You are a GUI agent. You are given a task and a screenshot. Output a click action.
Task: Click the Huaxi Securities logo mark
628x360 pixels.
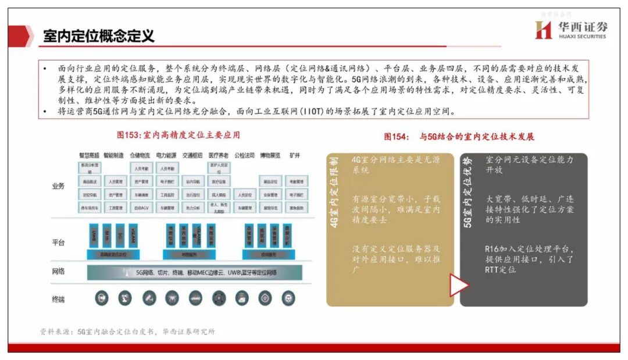(543, 30)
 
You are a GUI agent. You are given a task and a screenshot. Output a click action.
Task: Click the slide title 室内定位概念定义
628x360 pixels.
(99, 36)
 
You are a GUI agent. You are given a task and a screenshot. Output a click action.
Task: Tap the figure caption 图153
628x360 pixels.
(179, 135)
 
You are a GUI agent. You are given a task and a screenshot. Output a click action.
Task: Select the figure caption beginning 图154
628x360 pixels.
(459, 137)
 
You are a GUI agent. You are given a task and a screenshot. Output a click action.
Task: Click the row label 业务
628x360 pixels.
(58, 186)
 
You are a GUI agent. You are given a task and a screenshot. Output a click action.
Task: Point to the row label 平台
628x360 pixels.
(58, 243)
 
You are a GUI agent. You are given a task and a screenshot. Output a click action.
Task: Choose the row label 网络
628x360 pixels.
(58, 272)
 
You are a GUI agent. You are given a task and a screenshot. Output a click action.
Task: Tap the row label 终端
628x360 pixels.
(58, 299)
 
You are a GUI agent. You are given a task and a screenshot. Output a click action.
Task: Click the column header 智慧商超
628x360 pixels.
(90, 156)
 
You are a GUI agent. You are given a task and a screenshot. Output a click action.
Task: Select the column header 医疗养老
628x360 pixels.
(218, 156)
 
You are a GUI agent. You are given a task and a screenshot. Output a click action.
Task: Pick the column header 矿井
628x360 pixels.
(295, 156)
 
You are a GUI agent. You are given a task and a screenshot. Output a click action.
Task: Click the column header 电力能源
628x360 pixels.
(166, 156)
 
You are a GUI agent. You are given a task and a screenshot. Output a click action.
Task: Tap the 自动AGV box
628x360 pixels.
(141, 208)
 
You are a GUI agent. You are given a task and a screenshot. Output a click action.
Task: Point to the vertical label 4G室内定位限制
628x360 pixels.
(334, 192)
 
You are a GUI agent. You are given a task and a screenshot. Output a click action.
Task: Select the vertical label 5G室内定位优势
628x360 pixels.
(468, 192)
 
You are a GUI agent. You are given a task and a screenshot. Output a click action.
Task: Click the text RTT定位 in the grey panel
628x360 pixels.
(501, 270)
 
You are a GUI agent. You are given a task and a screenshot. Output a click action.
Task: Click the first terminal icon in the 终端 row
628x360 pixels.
(102, 298)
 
